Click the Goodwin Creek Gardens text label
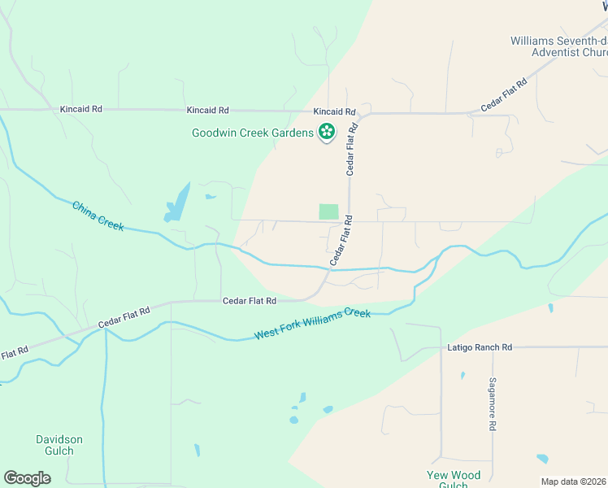point(252,133)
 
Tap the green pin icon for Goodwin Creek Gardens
point(327,132)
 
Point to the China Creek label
point(98,216)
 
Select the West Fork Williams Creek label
point(312,324)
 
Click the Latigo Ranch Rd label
point(480,347)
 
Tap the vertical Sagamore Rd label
point(493,403)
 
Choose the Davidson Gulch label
point(59,445)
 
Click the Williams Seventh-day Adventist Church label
point(558,46)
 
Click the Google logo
point(27,478)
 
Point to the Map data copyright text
point(574,481)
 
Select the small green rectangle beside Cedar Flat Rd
point(328,211)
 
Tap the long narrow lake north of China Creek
point(177,203)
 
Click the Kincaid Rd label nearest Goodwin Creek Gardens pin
point(335,111)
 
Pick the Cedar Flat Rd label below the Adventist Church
point(504,94)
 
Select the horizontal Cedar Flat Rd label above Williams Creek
point(250,301)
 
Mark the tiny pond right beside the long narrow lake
point(211,196)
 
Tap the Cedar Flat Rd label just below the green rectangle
point(341,240)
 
